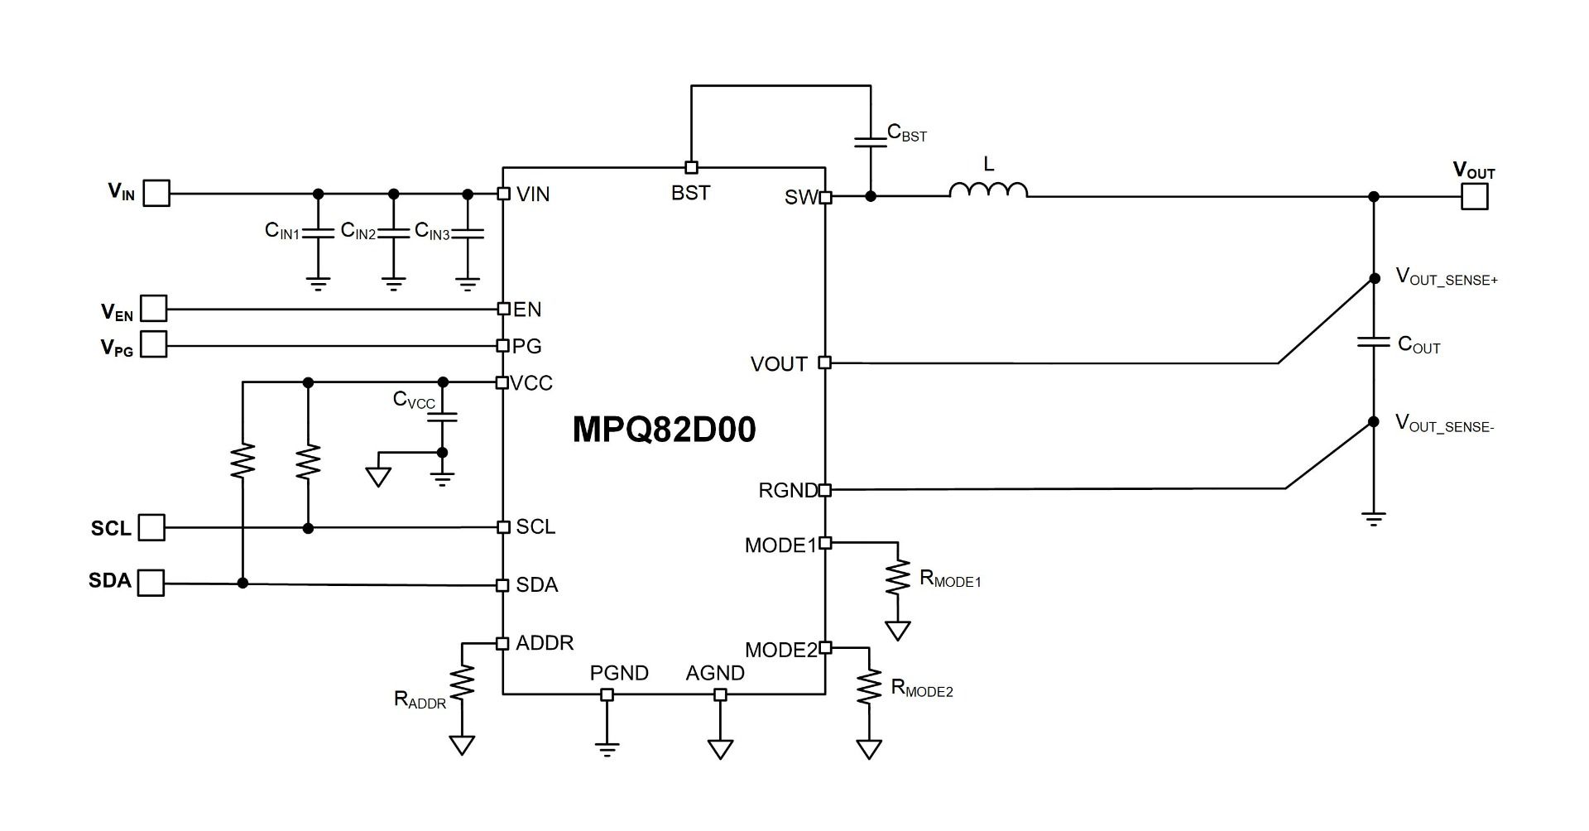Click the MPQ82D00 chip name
pos(664,430)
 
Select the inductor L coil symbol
pos(988,190)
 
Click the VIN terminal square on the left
pos(157,194)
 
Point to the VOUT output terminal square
pos(1474,197)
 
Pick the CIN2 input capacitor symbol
pos(394,233)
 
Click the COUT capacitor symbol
pos(1374,342)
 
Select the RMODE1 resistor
pos(897,579)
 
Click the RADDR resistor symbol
pos(462,684)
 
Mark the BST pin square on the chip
pos(691,167)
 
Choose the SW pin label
pos(800,198)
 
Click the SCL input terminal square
pos(151,527)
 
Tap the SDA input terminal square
pos(151,583)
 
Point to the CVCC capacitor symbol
pos(442,416)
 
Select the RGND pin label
pos(788,491)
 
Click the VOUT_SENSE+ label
pos(1447,277)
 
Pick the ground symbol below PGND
pos(607,749)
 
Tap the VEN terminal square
pos(154,309)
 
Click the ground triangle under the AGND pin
pos(720,749)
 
